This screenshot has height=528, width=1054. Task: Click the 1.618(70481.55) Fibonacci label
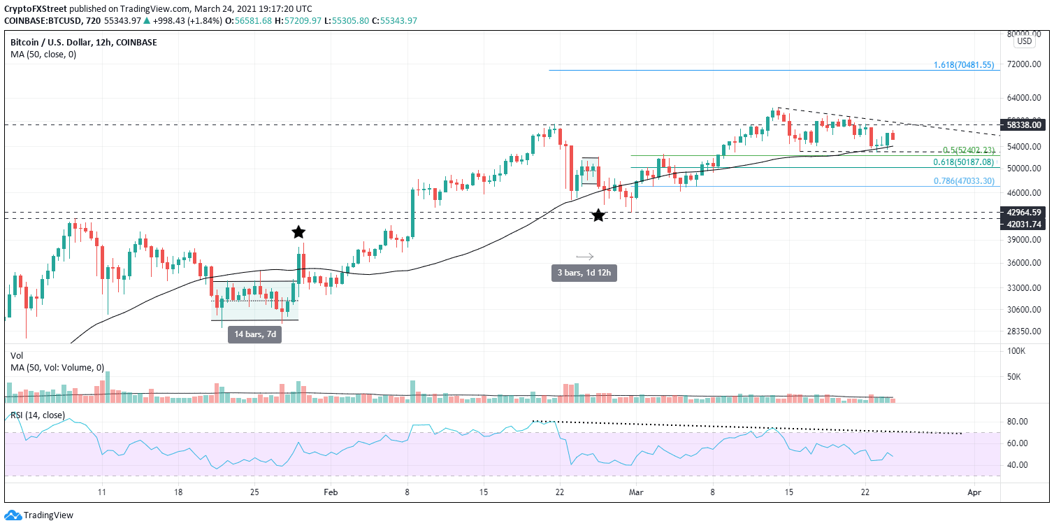pos(963,65)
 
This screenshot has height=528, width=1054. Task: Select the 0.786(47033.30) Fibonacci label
pos(963,180)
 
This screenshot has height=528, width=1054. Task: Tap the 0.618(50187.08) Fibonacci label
pos(963,162)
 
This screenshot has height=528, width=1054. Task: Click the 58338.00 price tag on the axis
pos(1026,125)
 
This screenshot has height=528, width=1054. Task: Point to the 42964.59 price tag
pos(1026,212)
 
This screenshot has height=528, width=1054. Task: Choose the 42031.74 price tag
pos(1026,224)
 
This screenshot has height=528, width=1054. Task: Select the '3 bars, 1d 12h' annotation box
pos(584,273)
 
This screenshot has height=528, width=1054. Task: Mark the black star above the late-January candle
pos(298,231)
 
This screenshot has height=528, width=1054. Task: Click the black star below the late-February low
pos(598,215)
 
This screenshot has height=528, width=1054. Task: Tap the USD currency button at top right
pos(1025,41)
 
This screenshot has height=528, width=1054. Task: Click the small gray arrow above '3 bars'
pos(584,256)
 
